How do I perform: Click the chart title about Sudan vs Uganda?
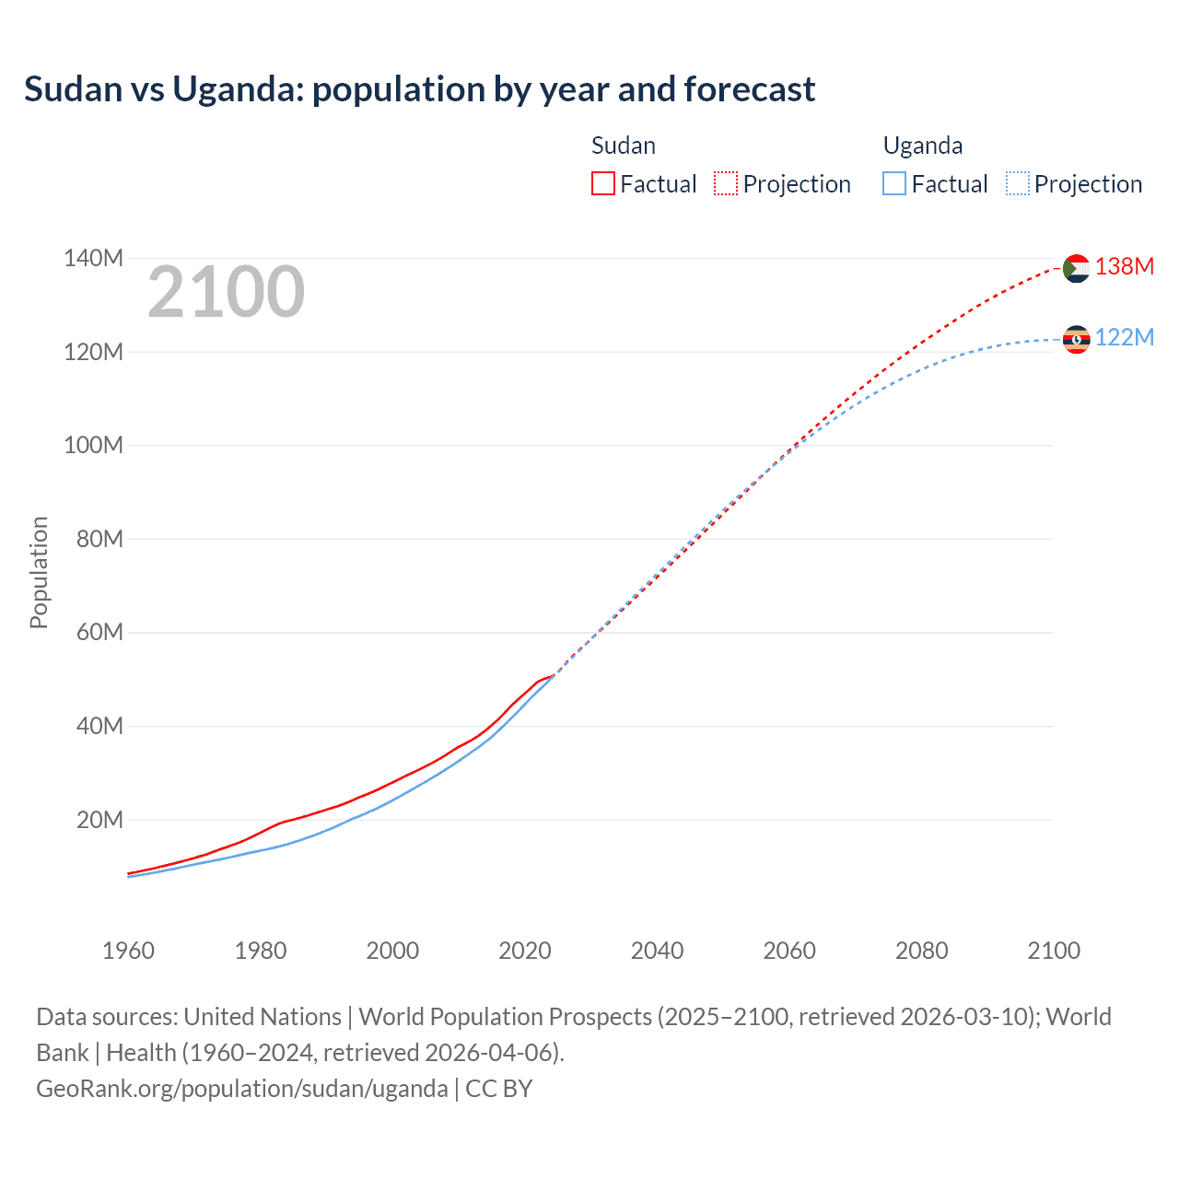click(419, 89)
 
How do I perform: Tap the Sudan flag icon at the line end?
click(1076, 268)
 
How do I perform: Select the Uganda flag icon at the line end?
click(1076, 339)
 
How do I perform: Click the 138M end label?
click(1124, 266)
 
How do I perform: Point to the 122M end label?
click(1124, 337)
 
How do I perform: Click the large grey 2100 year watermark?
click(226, 292)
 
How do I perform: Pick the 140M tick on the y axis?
click(93, 258)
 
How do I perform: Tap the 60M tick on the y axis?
click(99, 632)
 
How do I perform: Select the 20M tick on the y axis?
click(99, 820)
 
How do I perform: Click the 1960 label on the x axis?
click(128, 951)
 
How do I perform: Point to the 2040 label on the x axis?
click(657, 951)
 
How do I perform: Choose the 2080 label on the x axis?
click(921, 951)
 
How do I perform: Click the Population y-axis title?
click(39, 572)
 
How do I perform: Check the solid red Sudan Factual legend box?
click(603, 183)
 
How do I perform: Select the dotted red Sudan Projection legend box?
click(726, 183)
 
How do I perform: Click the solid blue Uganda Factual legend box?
click(894, 183)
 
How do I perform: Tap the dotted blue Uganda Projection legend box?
click(1018, 183)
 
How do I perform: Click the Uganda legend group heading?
click(923, 146)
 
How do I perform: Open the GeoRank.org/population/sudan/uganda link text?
click(241, 1088)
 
